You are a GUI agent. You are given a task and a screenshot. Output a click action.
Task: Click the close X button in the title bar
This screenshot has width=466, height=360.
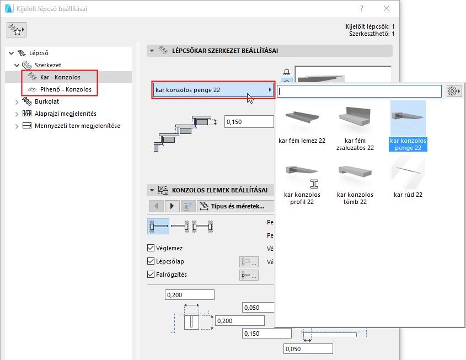(387, 9)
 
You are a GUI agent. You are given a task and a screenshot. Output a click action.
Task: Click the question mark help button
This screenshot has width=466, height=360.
(361, 9)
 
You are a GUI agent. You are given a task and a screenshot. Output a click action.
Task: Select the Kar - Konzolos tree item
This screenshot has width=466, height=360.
(60, 77)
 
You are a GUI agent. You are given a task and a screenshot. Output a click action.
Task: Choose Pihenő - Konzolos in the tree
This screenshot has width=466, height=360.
(65, 89)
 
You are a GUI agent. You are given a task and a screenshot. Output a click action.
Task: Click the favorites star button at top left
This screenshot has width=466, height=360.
(17, 31)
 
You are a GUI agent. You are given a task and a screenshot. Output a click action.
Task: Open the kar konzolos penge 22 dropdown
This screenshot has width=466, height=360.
(213, 90)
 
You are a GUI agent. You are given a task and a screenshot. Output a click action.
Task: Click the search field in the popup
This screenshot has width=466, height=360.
(360, 90)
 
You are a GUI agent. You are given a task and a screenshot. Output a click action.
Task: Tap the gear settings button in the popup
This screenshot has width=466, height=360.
(454, 90)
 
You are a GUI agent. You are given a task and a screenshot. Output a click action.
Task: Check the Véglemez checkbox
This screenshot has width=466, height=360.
(151, 249)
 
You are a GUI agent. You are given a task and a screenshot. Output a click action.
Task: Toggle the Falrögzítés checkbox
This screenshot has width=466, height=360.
(151, 275)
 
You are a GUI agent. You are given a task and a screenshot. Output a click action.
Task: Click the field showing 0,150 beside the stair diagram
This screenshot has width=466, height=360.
(249, 122)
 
